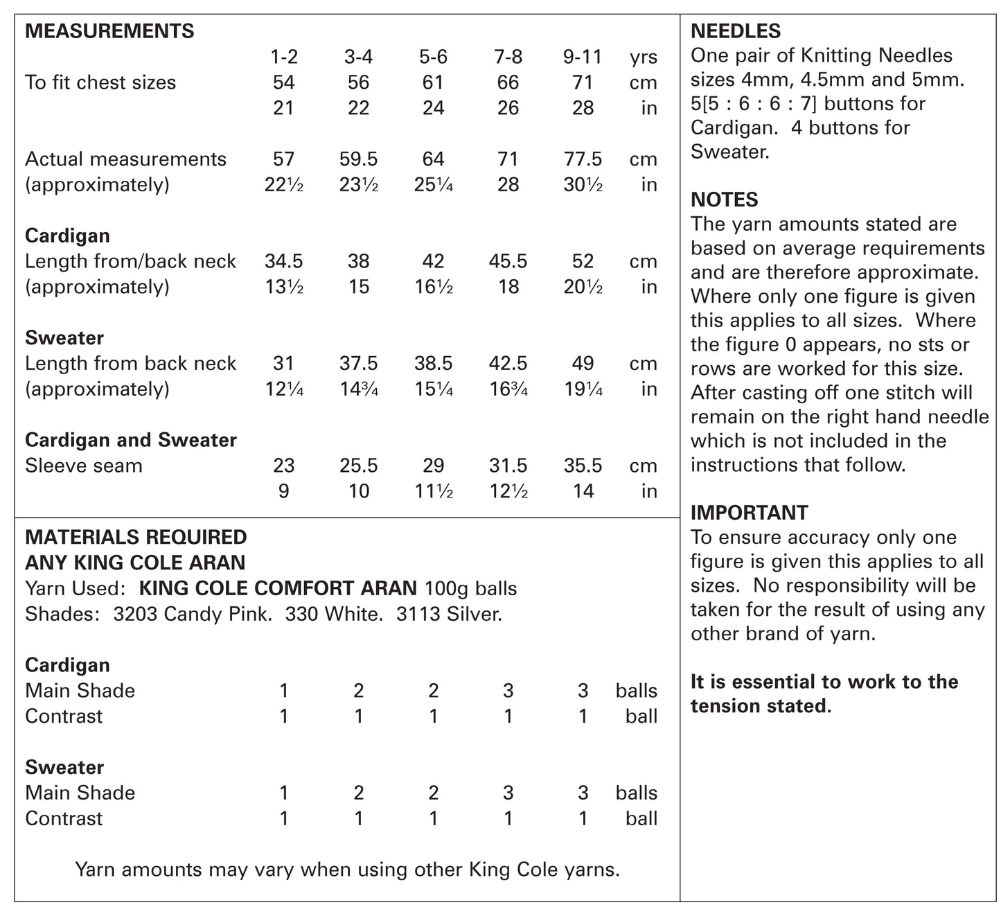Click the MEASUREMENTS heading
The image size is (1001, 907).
coord(109,31)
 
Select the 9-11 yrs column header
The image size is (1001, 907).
coord(583,57)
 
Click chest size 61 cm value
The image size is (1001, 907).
coord(433,82)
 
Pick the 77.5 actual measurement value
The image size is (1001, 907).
coord(583,159)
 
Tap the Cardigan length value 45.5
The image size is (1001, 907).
coord(508,261)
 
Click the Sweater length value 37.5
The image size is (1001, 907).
coord(358,364)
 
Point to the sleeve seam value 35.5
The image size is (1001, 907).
coord(583,466)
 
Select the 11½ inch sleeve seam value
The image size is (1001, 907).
coord(433,491)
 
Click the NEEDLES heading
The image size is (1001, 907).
coord(736,31)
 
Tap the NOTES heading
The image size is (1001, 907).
coord(725,200)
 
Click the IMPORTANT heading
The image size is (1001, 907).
coord(750,513)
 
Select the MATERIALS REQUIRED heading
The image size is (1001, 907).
coord(136,538)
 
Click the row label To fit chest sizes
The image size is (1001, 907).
coord(100,82)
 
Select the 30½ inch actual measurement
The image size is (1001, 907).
coord(583,185)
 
